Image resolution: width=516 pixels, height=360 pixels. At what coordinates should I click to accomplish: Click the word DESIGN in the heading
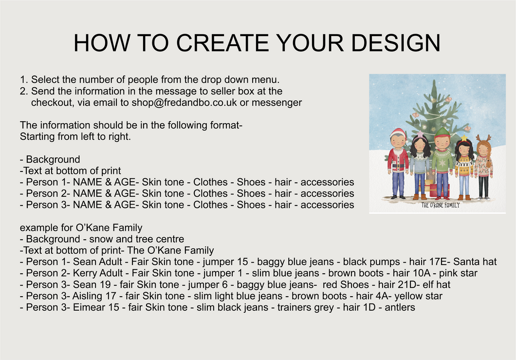click(x=396, y=43)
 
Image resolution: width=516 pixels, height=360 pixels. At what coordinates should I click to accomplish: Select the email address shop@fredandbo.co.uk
click(x=184, y=103)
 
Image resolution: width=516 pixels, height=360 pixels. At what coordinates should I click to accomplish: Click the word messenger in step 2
click(x=276, y=103)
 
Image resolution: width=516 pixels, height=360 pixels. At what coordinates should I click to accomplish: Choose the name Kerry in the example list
click(x=84, y=273)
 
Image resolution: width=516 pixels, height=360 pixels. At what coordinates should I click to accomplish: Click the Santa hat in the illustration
click(x=397, y=133)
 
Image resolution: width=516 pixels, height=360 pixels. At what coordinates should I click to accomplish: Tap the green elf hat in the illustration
click(x=442, y=132)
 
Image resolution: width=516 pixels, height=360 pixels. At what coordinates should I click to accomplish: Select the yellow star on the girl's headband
click(x=464, y=137)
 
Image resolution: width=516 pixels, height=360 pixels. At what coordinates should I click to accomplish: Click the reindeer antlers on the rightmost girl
click(x=483, y=138)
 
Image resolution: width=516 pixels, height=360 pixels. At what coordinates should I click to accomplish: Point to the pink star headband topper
click(x=420, y=134)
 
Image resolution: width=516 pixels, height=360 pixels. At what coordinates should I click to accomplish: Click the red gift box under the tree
click(x=439, y=190)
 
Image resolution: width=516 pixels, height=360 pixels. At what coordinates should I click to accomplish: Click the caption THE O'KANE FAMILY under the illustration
click(x=441, y=205)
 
